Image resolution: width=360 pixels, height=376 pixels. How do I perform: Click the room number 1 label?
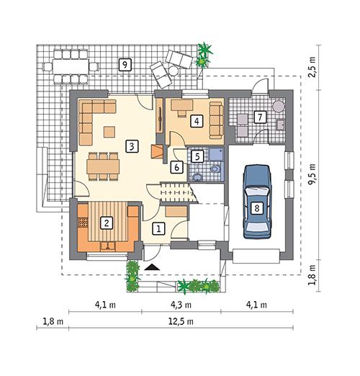(160, 228)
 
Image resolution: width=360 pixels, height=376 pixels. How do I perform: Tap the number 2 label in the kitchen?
(107, 223)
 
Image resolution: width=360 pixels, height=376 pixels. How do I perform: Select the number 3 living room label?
(130, 146)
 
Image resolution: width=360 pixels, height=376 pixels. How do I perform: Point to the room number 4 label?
(194, 121)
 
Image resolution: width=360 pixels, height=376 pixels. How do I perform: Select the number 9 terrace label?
(125, 65)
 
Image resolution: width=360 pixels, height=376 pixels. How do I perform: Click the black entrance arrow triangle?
(151, 267)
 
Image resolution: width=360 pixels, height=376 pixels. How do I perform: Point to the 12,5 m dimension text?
(181, 323)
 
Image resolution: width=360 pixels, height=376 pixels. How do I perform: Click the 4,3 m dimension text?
(181, 305)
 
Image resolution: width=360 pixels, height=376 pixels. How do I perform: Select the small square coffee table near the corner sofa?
(109, 131)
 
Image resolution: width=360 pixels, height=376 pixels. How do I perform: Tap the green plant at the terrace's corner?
(207, 50)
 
